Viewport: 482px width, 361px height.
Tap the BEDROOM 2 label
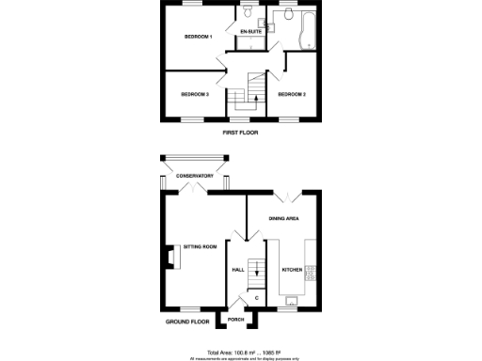(x=292, y=94)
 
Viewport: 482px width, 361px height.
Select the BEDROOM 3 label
(x=195, y=94)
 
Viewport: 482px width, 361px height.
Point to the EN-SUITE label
(x=250, y=33)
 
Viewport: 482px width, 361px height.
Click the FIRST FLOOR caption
(x=240, y=133)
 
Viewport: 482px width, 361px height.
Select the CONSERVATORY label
(x=195, y=175)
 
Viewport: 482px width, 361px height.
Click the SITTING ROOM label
(x=200, y=246)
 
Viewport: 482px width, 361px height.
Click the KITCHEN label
(x=292, y=271)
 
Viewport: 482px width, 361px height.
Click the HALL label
(x=238, y=271)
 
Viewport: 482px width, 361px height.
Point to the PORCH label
(x=235, y=319)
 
